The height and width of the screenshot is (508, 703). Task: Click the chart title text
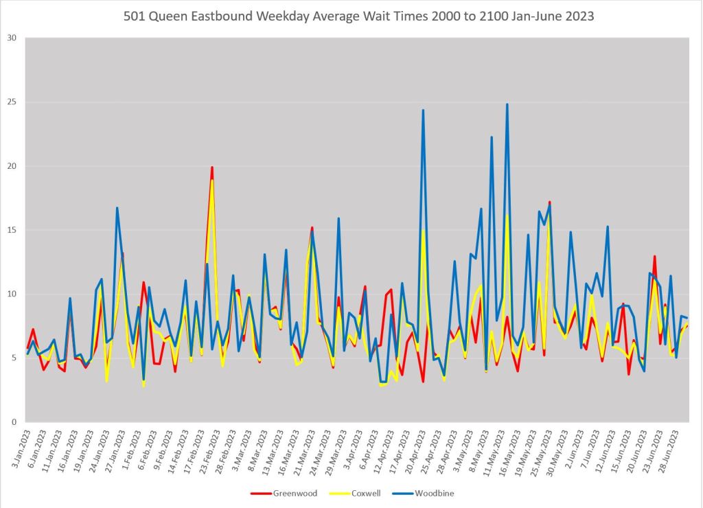click(x=358, y=16)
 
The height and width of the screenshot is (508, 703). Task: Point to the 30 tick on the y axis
click(x=11, y=38)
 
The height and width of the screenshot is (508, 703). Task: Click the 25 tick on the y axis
click(x=11, y=102)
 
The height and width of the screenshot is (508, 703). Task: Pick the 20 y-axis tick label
click(x=11, y=166)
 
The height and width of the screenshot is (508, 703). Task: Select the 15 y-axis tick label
click(x=11, y=230)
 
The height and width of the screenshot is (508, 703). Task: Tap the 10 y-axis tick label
click(x=11, y=294)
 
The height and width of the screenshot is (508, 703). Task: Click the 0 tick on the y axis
click(x=14, y=422)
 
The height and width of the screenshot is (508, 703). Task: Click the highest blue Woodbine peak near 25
click(x=507, y=105)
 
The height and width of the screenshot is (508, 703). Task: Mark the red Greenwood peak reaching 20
click(x=212, y=168)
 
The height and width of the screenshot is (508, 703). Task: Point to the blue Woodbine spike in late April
click(x=423, y=111)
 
